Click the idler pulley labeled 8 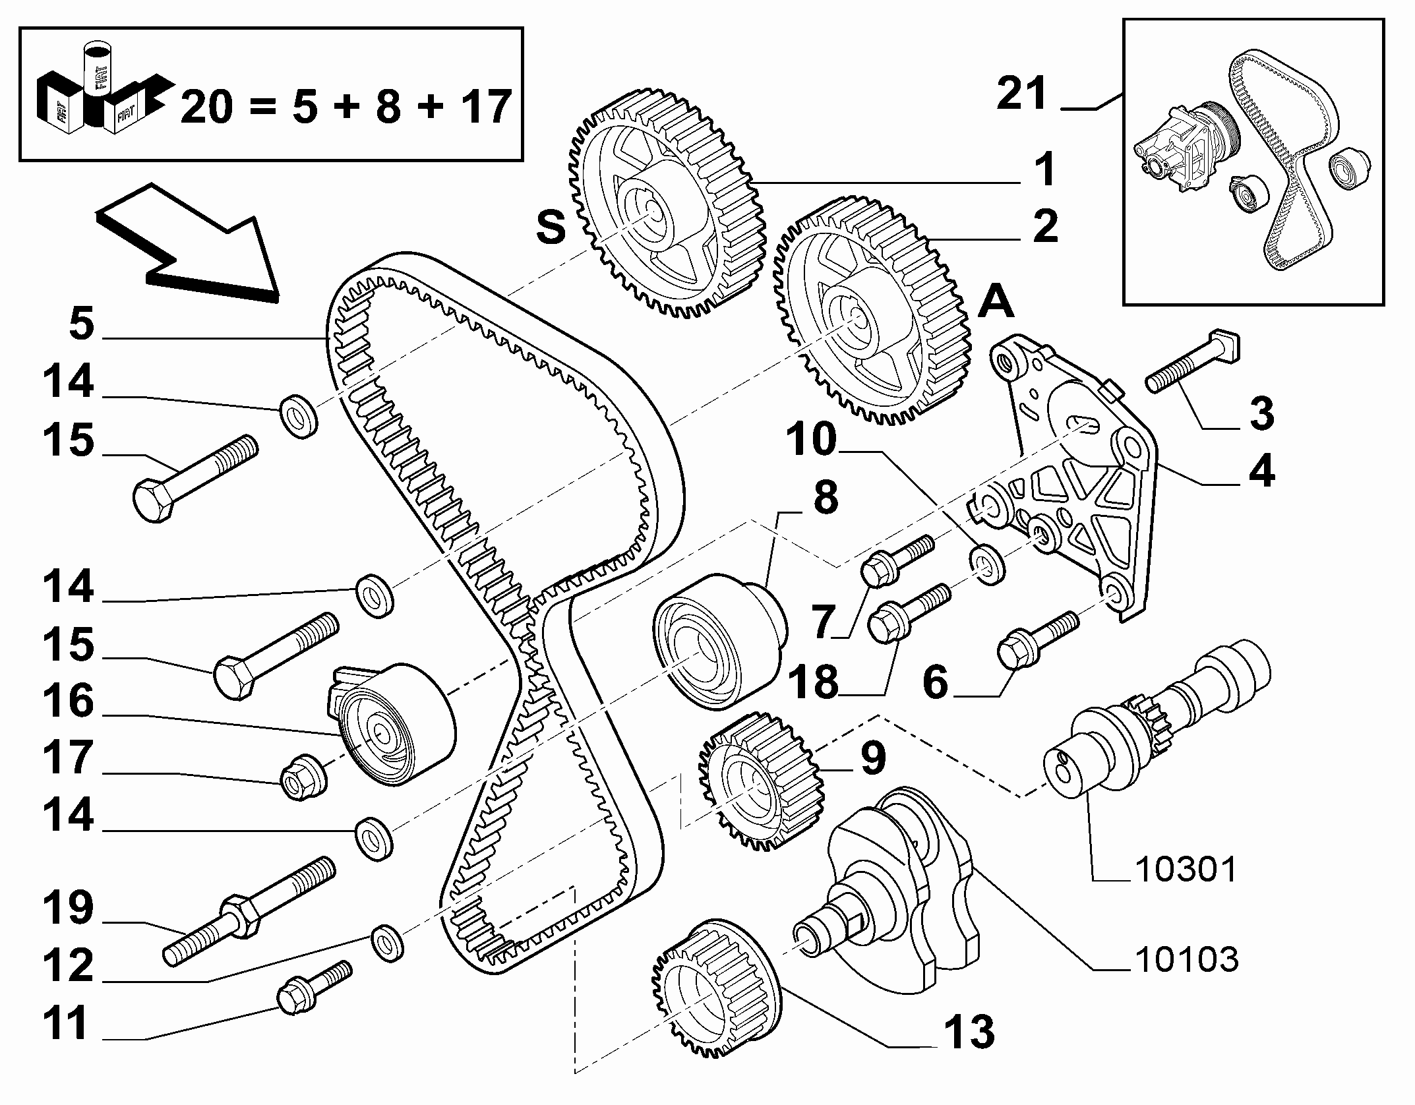pos(719,643)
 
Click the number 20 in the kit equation pos(206,107)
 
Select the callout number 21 pos(1021,94)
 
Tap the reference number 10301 pos(1186,870)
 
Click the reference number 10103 pos(1186,960)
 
